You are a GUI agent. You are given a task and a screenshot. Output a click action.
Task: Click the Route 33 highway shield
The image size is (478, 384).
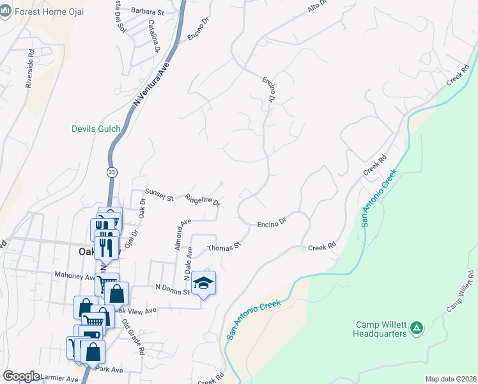(112, 172)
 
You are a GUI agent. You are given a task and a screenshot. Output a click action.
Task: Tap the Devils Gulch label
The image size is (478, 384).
(96, 129)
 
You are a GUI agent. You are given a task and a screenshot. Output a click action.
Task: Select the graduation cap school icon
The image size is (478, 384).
(203, 284)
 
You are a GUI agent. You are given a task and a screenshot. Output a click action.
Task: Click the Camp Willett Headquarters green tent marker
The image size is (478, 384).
(417, 328)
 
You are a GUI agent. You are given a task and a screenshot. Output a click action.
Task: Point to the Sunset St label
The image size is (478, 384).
(159, 195)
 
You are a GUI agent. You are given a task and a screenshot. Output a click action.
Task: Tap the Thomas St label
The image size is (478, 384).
(224, 246)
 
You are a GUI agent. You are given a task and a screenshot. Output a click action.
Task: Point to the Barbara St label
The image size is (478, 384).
(148, 11)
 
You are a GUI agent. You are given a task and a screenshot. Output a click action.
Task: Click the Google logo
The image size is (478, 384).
(21, 376)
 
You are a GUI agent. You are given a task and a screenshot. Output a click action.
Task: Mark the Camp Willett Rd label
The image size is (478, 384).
(460, 291)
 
